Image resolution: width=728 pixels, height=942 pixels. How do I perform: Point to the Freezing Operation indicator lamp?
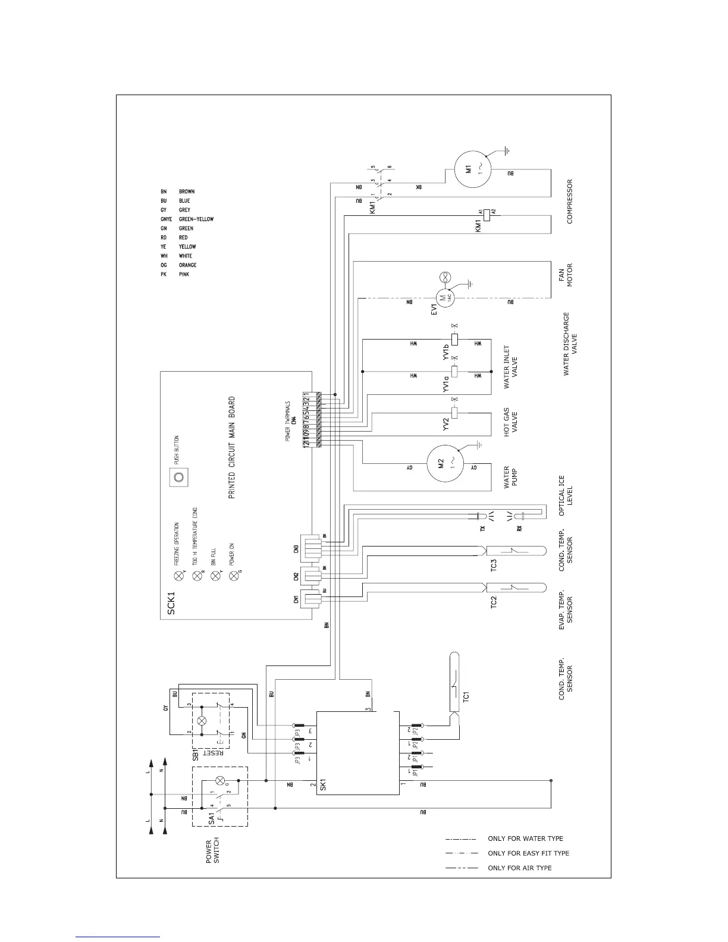click(x=177, y=575)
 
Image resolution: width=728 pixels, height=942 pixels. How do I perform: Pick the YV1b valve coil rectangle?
click(x=455, y=340)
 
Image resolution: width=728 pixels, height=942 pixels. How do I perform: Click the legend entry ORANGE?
click(x=187, y=265)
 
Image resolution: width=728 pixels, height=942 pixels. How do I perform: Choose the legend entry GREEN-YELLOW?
click(x=196, y=219)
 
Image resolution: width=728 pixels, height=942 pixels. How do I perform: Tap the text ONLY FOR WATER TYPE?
click(x=525, y=839)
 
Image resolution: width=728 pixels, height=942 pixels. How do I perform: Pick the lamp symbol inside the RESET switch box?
click(x=202, y=720)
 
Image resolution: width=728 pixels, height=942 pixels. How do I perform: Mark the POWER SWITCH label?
click(x=212, y=852)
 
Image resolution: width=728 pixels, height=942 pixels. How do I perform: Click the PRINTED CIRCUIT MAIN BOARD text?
click(x=232, y=448)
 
